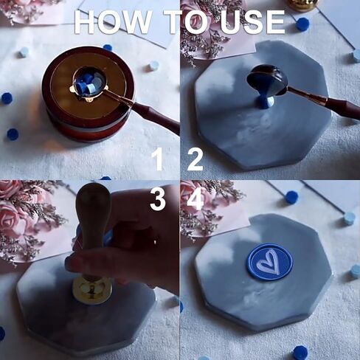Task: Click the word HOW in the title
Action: pos(113,22)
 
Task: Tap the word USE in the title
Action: pos(252,22)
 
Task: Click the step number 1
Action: pos(157,160)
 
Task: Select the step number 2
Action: pos(195,160)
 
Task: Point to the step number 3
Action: pos(158,200)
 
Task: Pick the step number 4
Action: pos(195,200)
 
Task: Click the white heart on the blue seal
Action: pos(269,262)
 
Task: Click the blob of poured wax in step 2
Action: pos(266,102)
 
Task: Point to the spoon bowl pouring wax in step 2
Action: pos(267,82)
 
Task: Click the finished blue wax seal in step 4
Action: pos(270,263)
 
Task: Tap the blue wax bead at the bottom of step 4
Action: pos(300,353)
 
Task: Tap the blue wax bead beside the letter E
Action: pos(302,24)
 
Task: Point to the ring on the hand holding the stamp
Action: pos(155,242)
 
